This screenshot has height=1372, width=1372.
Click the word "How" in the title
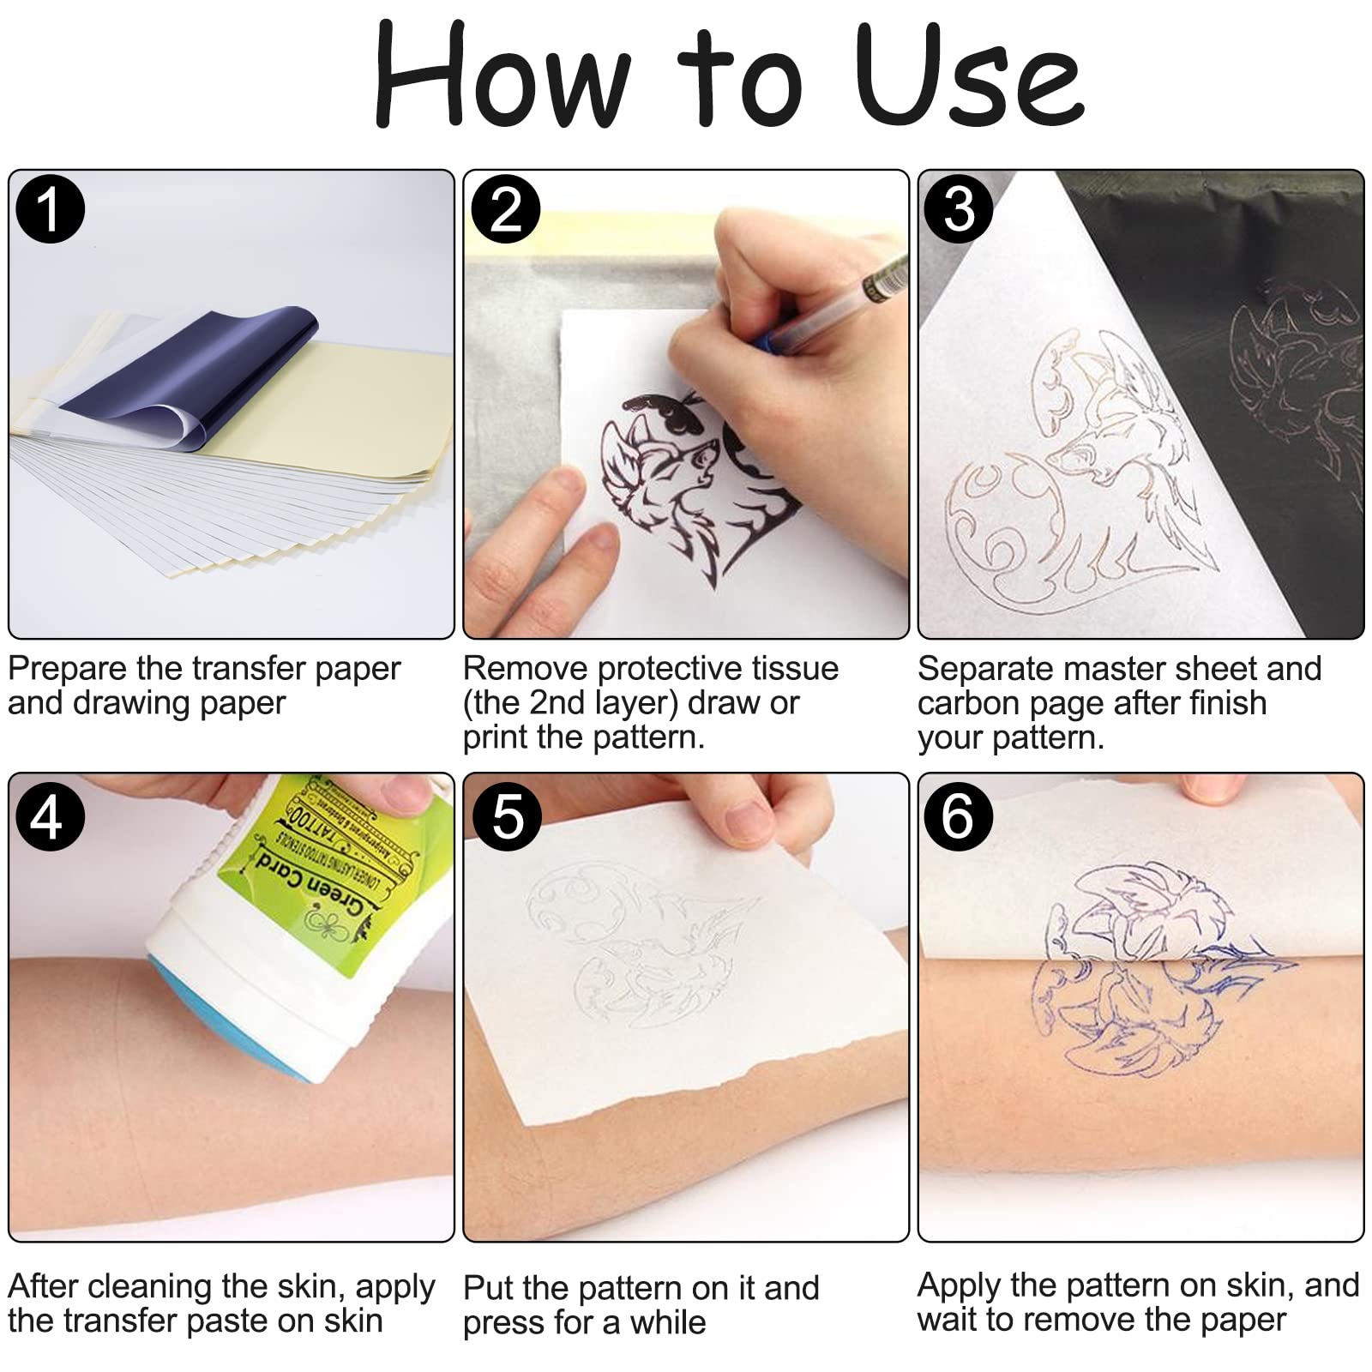point(502,77)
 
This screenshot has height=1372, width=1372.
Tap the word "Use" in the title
point(969,77)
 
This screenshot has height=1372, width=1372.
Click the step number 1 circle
point(50,208)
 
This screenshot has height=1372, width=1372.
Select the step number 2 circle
point(506,208)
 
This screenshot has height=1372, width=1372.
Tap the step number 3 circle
point(959,208)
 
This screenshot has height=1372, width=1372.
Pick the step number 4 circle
point(50,815)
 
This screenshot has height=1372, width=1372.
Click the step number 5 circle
point(506,815)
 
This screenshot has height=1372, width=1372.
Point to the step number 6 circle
point(959,815)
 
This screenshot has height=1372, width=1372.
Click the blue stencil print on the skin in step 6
point(1115,1020)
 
